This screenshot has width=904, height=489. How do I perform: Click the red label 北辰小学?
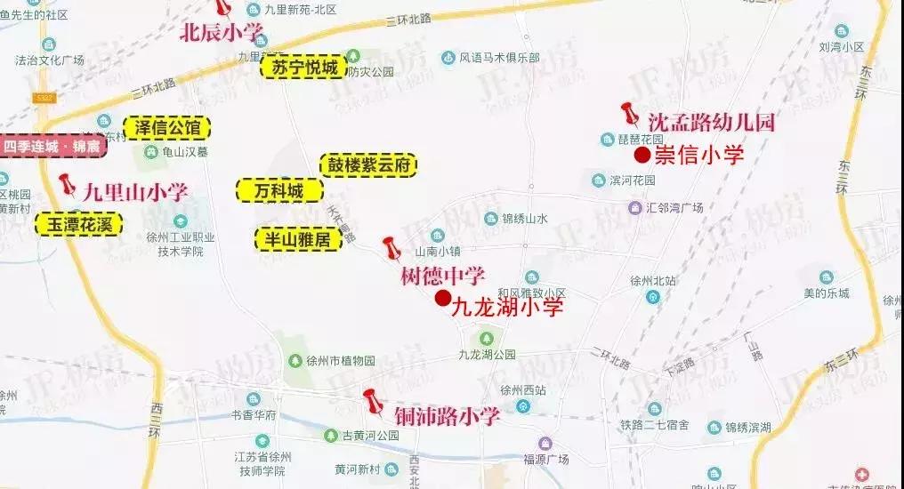(x=222, y=34)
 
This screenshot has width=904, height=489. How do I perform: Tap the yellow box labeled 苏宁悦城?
(x=303, y=67)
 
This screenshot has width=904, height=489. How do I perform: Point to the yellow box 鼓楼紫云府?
(x=368, y=165)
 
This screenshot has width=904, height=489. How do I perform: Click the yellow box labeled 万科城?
(x=278, y=190)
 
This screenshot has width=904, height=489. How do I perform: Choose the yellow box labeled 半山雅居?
(x=298, y=239)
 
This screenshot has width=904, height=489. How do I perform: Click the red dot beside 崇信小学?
(x=642, y=156)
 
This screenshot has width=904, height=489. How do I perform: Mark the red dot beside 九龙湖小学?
(x=442, y=299)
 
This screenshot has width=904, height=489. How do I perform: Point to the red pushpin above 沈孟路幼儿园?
(x=631, y=115)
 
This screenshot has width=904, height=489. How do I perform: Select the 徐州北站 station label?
(x=654, y=281)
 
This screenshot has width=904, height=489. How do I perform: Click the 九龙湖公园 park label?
(x=486, y=354)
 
